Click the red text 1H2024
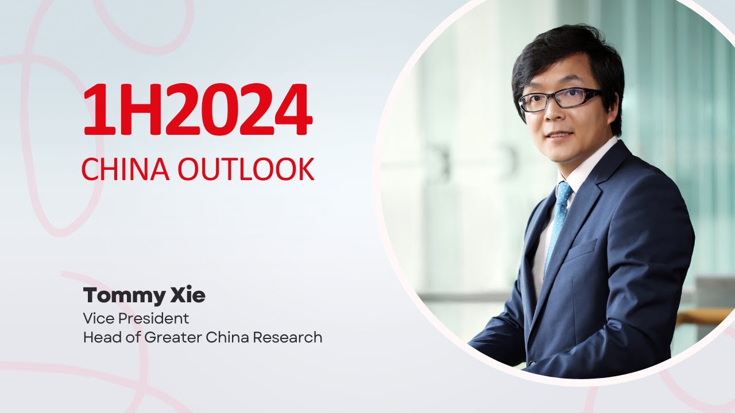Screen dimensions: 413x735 (x=198, y=111)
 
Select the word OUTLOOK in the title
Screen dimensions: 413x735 (x=246, y=169)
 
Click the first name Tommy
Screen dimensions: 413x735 (x=119, y=296)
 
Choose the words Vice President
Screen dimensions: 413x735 (x=136, y=318)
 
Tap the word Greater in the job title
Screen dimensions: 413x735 (x=168, y=337)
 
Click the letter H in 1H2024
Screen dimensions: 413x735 (x=134, y=111)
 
